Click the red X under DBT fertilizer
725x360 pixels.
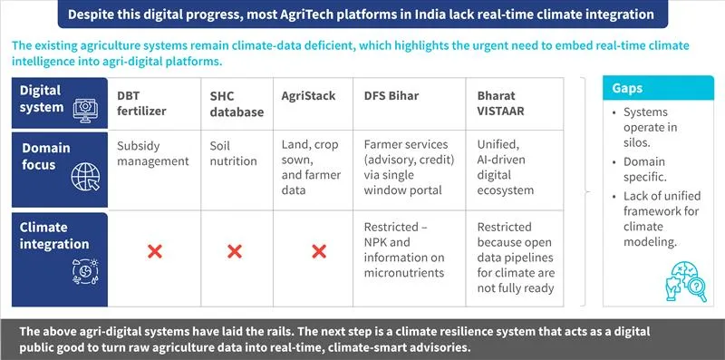154,252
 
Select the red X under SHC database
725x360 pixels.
235,252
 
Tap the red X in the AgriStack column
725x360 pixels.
319,252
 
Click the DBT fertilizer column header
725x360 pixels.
141,103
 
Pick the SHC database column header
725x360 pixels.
237,103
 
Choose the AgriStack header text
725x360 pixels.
308,96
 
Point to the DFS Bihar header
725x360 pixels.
391,96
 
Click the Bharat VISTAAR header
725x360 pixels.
501,103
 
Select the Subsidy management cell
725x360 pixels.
153,153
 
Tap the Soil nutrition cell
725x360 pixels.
233,153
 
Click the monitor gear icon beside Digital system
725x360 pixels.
85,110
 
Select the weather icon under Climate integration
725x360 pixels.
85,272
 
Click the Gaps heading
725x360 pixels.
627,88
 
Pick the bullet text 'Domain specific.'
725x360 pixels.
644,170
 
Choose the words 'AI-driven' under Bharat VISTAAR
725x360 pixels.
501,160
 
